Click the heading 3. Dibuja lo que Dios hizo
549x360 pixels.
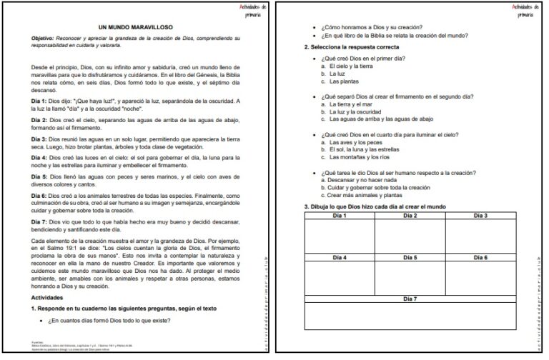click(375, 207)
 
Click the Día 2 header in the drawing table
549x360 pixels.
click(410, 216)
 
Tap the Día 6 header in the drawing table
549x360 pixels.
click(480, 256)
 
